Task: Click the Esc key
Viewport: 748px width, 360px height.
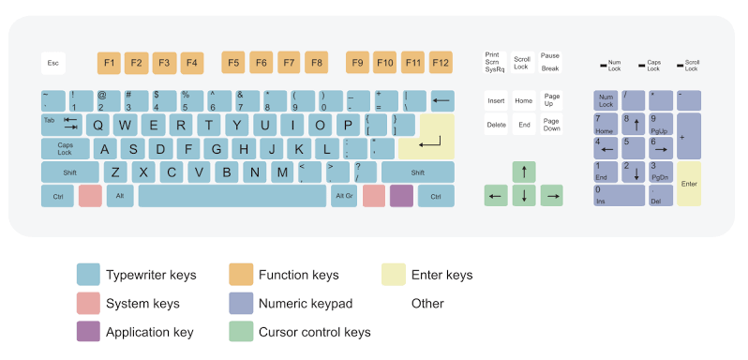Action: coord(53,64)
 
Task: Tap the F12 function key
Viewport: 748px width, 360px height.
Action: coord(441,64)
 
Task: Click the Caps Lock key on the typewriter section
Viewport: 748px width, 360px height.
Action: coord(66,148)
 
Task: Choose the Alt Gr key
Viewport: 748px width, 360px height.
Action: coord(344,196)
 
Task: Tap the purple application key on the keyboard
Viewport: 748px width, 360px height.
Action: coord(401,196)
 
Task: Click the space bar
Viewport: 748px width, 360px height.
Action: coord(232,196)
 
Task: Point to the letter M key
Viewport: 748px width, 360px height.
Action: coord(282,172)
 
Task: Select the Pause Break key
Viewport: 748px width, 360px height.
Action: coord(550,63)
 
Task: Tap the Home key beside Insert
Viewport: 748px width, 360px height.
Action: coord(523,100)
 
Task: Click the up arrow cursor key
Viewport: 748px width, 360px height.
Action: coord(524,172)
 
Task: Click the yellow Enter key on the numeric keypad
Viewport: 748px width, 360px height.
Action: coord(689,184)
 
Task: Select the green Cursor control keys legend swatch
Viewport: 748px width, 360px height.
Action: coord(241,332)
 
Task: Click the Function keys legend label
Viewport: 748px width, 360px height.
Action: coord(298,276)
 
